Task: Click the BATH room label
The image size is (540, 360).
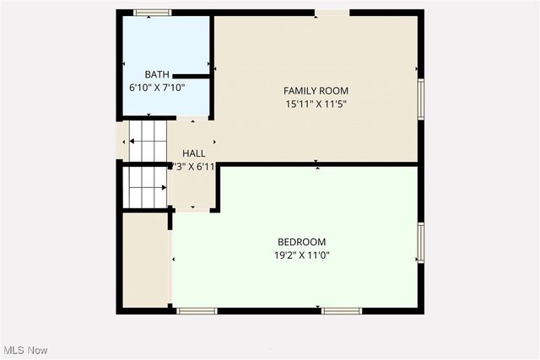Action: click(x=157, y=74)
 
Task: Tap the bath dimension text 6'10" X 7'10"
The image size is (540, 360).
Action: click(x=157, y=87)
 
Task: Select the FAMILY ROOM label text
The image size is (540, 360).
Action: click(x=316, y=91)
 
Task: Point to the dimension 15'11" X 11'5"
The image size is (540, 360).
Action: click(x=316, y=105)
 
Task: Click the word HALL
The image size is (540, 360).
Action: click(x=193, y=153)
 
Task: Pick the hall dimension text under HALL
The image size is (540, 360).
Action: click(x=193, y=167)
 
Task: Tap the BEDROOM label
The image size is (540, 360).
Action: click(x=300, y=241)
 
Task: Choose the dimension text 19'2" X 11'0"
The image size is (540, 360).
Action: click(x=300, y=255)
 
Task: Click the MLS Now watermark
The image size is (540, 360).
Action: click(x=26, y=350)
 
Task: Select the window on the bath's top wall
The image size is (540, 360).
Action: click(x=154, y=13)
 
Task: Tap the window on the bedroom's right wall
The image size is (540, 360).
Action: click(x=419, y=243)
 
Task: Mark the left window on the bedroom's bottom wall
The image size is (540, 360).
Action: click(x=197, y=311)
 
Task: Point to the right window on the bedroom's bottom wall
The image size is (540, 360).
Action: click(x=343, y=311)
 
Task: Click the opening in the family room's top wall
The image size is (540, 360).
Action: click(x=332, y=13)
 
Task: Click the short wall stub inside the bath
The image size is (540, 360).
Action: click(x=190, y=76)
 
